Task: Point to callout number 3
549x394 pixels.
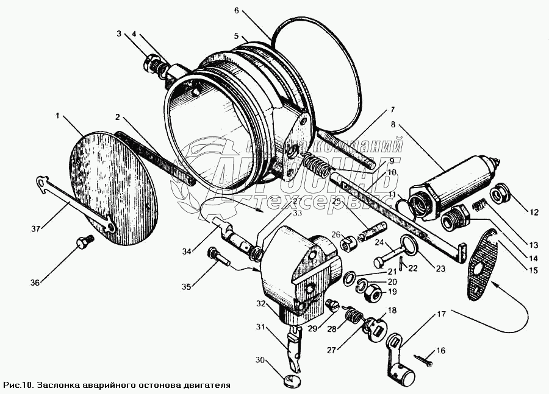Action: [120, 34]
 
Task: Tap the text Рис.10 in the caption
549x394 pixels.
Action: [18, 385]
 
